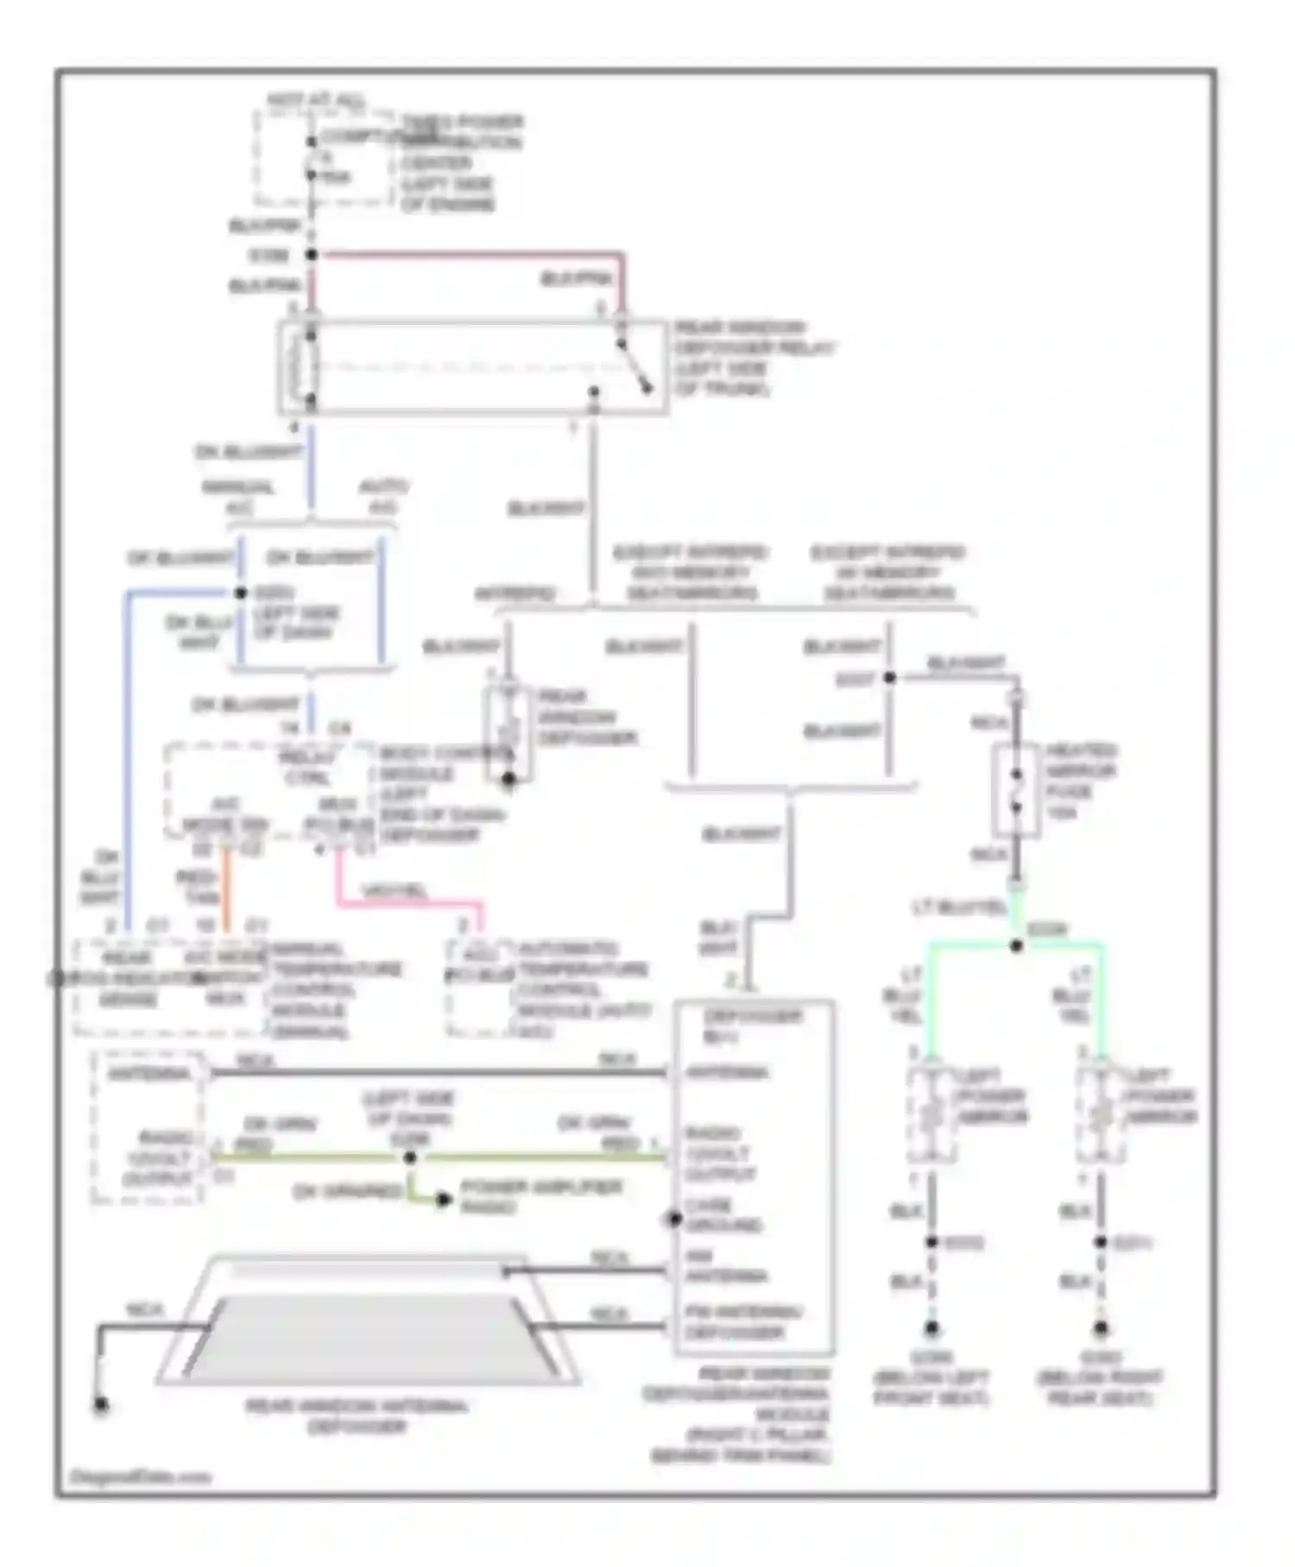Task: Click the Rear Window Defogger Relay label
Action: (x=753, y=358)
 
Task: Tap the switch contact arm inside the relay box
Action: (x=635, y=366)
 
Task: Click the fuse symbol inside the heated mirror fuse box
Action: (x=1016, y=790)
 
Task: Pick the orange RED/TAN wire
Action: (x=226, y=890)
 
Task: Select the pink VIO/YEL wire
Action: (x=406, y=903)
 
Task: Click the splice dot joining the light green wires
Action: (x=1016, y=946)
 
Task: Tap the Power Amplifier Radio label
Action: (x=540, y=1196)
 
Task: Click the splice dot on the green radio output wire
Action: (x=410, y=1158)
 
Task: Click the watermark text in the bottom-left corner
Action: (x=140, y=1477)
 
